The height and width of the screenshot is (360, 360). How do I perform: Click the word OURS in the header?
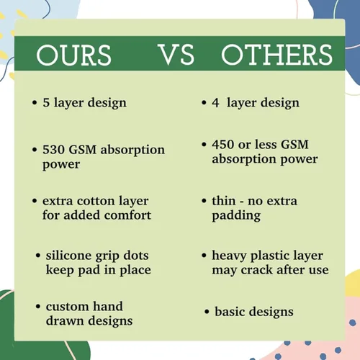click(73, 55)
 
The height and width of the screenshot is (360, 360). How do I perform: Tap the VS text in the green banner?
click(177, 55)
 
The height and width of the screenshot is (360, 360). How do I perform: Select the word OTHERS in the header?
click(277, 55)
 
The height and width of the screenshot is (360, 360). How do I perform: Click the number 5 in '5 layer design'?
click(46, 102)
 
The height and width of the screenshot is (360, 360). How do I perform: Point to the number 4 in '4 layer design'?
click(215, 102)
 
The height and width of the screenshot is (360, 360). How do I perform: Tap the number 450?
click(223, 145)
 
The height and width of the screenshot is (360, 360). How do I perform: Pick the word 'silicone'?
click(69, 256)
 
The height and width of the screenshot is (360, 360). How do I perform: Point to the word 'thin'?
click(224, 201)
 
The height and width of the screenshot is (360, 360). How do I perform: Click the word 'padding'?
click(236, 215)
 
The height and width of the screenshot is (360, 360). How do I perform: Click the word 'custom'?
click(67, 307)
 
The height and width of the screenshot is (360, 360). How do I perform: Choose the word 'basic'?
click(230, 312)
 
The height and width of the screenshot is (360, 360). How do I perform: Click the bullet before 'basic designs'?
click(207, 312)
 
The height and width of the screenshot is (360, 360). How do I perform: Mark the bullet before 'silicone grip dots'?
click(38, 256)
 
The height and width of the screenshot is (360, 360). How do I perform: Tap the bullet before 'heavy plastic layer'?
click(204, 256)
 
